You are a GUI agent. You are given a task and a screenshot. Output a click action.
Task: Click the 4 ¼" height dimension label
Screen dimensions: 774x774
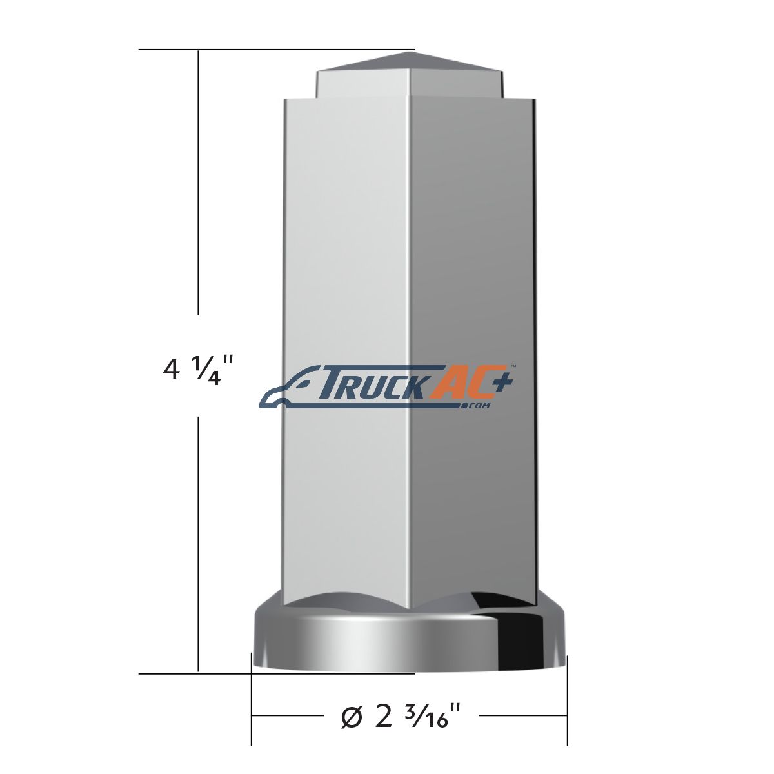click(x=197, y=371)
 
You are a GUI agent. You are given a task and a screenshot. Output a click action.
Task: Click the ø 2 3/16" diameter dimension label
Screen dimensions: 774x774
click(x=400, y=716)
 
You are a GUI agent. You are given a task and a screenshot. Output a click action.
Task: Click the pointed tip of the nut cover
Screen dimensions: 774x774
click(x=414, y=52)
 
